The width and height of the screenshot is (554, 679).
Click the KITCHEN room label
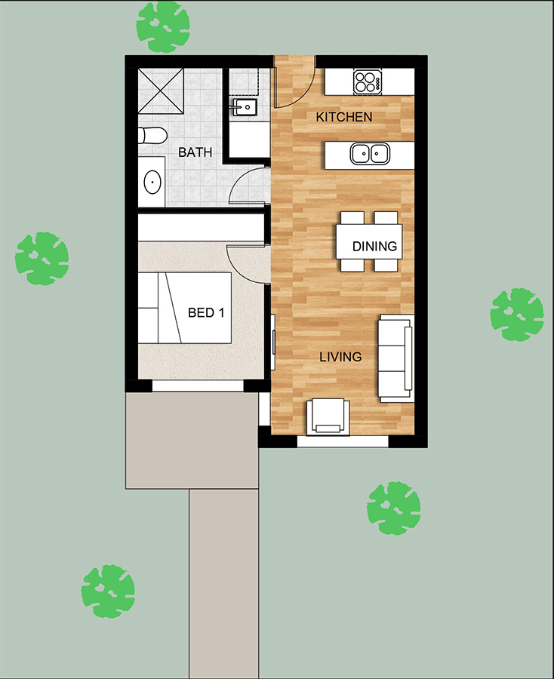coord(344,117)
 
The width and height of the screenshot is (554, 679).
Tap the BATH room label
coord(195,152)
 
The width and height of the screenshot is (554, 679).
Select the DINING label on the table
coord(374,247)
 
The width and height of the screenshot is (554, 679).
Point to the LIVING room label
coord(340,357)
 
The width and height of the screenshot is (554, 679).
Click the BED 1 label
coord(206,312)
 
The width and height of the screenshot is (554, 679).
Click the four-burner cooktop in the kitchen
coord(368,81)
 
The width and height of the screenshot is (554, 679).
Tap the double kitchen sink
coord(370,154)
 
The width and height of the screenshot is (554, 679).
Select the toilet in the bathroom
coord(152,136)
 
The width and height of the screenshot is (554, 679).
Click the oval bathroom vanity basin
coord(152,183)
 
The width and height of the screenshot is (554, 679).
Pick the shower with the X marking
coord(161,91)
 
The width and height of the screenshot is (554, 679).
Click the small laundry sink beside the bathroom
coord(245,106)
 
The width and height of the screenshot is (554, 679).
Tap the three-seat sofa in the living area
coord(395,358)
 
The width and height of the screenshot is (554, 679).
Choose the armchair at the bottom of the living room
coord(328,416)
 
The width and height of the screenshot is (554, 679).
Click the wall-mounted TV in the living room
coord(273,342)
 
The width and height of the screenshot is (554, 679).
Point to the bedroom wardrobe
coord(201,227)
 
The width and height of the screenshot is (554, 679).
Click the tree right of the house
coord(517,315)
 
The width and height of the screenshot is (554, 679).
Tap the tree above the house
coord(163,27)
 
